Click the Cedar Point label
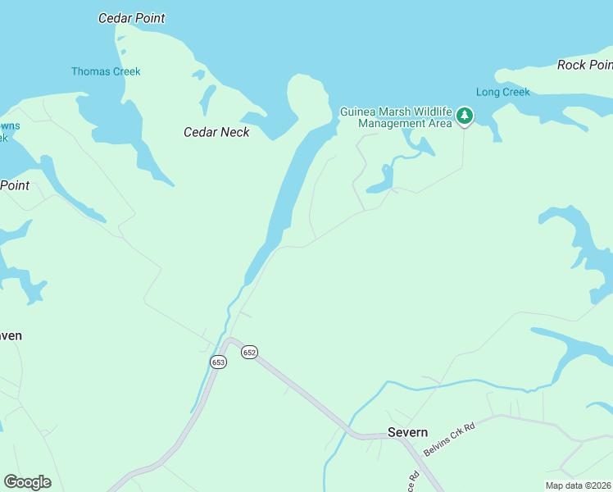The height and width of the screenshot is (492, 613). pyautogui.click(x=131, y=18)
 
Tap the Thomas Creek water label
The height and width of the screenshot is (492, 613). pyautogui.click(x=106, y=71)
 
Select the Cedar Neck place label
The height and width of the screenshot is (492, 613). pyautogui.click(x=216, y=132)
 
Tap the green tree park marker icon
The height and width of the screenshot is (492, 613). pyautogui.click(x=465, y=116)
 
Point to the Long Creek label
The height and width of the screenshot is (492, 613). pyautogui.click(x=502, y=92)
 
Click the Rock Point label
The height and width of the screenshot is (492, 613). pyautogui.click(x=584, y=65)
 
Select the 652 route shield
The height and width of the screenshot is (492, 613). pyautogui.click(x=250, y=352)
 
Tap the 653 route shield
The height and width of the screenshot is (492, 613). pyautogui.click(x=218, y=362)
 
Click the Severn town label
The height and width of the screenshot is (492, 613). pyautogui.click(x=407, y=432)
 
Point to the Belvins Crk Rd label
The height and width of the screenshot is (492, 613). pyautogui.click(x=449, y=440)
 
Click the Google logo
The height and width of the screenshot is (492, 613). pyautogui.click(x=27, y=482)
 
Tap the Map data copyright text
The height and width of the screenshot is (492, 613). pyautogui.click(x=578, y=485)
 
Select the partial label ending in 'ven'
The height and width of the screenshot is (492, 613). pyautogui.click(x=11, y=335)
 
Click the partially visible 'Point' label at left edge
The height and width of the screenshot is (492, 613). pyautogui.click(x=15, y=185)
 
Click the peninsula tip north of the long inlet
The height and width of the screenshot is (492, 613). pyautogui.click(x=304, y=89)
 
